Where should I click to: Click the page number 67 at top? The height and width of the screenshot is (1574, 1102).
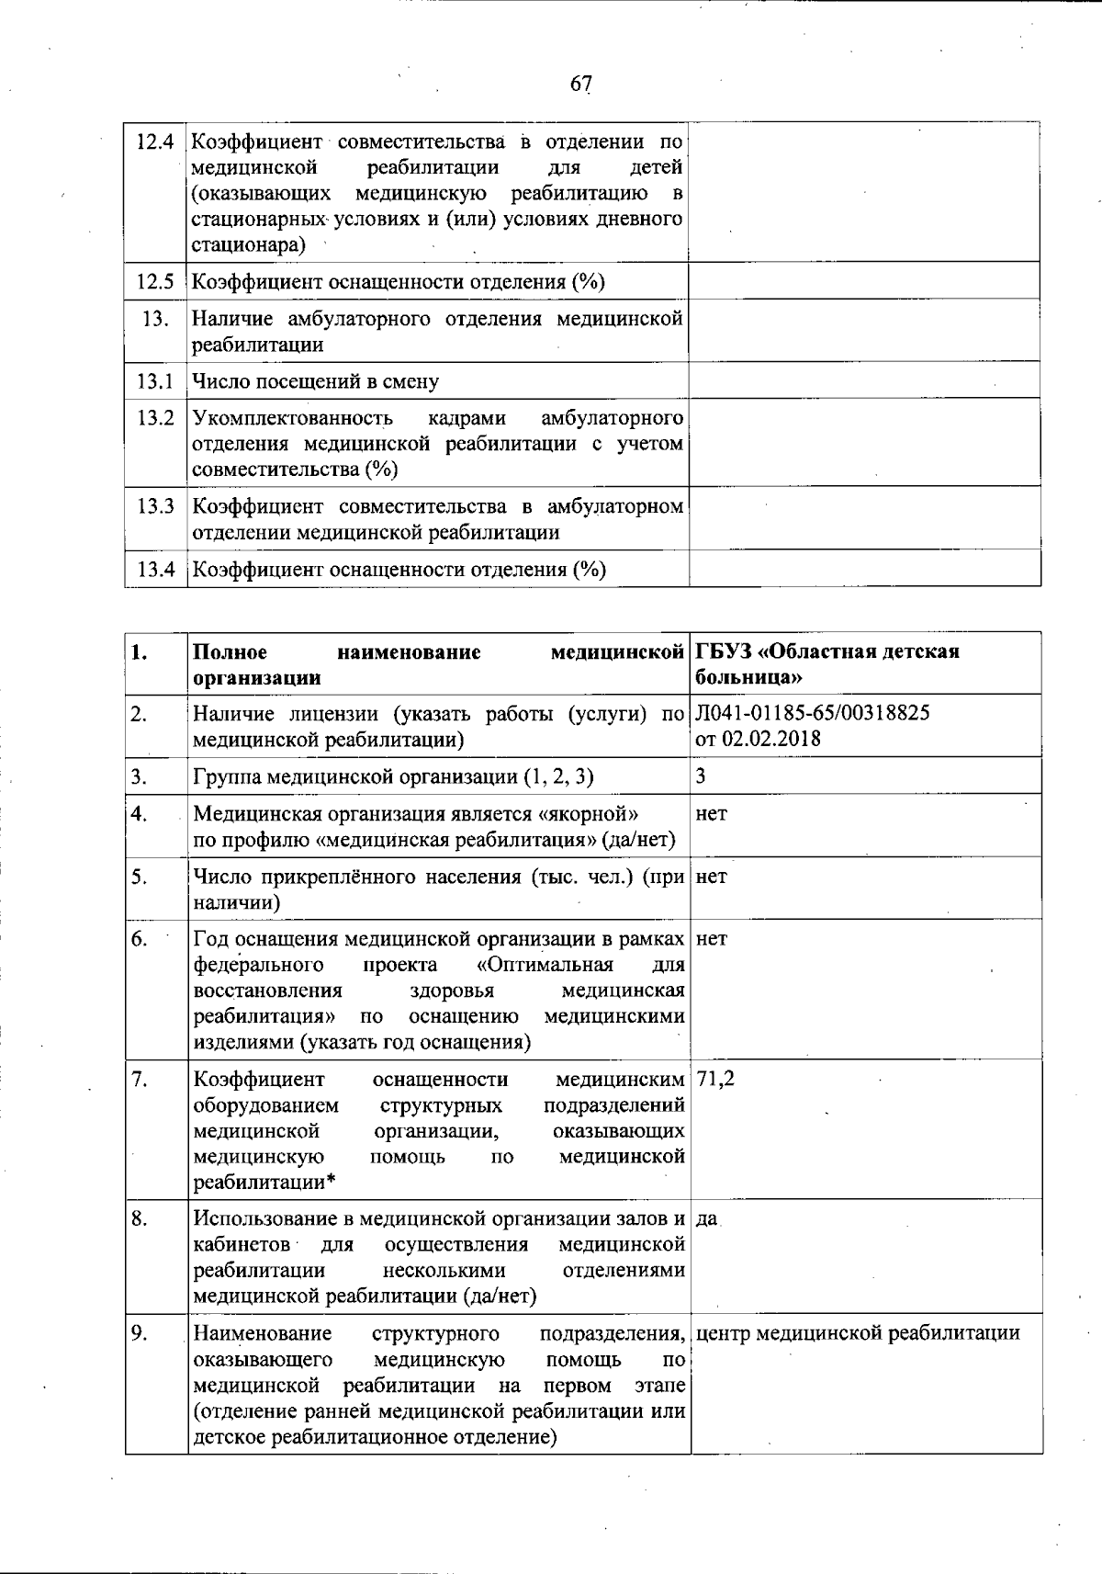pos(580,84)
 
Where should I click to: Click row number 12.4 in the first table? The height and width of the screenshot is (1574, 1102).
pos(154,142)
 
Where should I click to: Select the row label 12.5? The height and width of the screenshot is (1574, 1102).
pos(154,282)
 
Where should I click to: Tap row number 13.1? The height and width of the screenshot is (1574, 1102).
pos(154,381)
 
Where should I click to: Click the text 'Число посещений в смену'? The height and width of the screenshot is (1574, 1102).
pos(315,381)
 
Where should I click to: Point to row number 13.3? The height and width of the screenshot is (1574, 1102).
pos(154,506)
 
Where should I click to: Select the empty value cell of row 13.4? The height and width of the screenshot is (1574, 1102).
pos(864,569)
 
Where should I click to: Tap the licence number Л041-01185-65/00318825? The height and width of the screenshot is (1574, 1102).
pos(813,713)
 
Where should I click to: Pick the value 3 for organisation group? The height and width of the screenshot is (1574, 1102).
pos(701,776)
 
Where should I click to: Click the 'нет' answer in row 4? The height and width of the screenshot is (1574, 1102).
pos(712,814)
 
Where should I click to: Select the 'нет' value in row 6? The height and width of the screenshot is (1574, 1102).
pos(712,939)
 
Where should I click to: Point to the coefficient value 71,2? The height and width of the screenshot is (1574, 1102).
pos(715,1080)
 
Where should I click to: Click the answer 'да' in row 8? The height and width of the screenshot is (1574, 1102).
pos(706,1219)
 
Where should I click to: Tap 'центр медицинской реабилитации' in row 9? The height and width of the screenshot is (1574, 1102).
pos(858,1333)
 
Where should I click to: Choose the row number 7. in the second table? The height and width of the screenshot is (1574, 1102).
pos(140,1080)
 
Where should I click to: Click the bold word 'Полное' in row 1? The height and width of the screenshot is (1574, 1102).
pos(231,652)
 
